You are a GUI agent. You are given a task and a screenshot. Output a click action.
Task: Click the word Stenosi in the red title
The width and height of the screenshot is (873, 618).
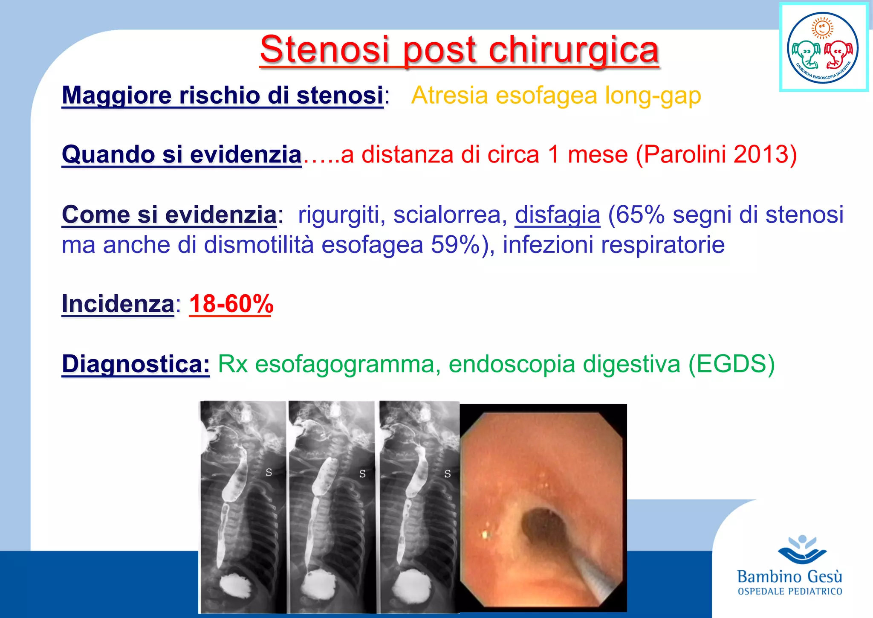pyautogui.click(x=325, y=49)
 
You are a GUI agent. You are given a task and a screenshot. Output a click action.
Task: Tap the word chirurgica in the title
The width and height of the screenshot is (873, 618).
pyautogui.click(x=574, y=50)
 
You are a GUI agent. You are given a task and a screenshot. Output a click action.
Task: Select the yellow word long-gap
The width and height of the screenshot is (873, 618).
pyautogui.click(x=653, y=95)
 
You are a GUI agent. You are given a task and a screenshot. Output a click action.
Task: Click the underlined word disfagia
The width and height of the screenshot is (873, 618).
pyautogui.click(x=557, y=214)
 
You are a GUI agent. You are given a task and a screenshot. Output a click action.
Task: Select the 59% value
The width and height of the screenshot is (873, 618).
pyautogui.click(x=455, y=245)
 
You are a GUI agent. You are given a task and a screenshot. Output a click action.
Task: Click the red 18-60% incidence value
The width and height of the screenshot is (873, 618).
pyautogui.click(x=231, y=304)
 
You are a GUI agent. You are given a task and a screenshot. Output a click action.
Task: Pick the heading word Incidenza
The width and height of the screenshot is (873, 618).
pyautogui.click(x=118, y=304)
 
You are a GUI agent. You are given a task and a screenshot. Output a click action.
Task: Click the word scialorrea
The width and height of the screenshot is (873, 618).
pyautogui.click(x=450, y=214)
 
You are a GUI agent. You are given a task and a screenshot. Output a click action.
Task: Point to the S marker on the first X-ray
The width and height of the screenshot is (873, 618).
pyautogui.click(x=269, y=472)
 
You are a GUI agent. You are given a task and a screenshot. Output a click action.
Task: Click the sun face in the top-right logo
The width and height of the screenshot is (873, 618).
pyautogui.click(x=823, y=29)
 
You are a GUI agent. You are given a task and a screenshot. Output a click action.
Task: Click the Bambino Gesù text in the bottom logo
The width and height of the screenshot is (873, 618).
pyautogui.click(x=789, y=577)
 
